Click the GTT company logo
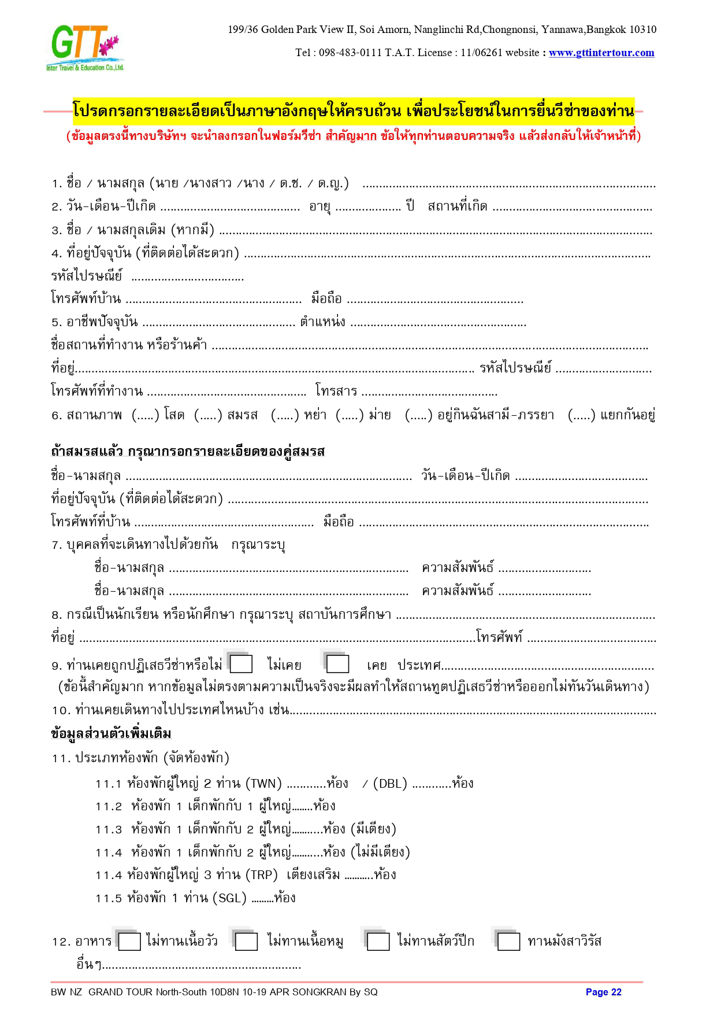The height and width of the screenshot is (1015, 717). pyautogui.click(x=86, y=47)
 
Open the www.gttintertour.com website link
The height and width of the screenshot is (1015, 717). pyautogui.click(x=601, y=53)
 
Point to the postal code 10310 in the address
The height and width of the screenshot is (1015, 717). pyautogui.click(x=643, y=29)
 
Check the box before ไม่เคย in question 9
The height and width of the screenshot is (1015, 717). pyautogui.click(x=242, y=664)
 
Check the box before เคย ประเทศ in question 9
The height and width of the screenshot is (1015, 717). pyautogui.click(x=338, y=664)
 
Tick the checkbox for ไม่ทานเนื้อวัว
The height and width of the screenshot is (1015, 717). pyautogui.click(x=129, y=942)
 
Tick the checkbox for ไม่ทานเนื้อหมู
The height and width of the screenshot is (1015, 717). pyautogui.click(x=246, y=942)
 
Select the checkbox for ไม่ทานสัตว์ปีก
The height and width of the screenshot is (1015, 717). pyautogui.click(x=378, y=942)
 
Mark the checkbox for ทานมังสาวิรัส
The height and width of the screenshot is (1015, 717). pyautogui.click(x=508, y=942)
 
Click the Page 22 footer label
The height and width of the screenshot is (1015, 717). pyautogui.click(x=603, y=992)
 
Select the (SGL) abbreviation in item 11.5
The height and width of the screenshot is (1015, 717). pyautogui.click(x=230, y=898)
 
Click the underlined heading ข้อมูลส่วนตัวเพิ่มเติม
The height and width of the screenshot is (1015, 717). pyautogui.click(x=111, y=734)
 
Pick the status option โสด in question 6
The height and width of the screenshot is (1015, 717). pyautogui.click(x=174, y=415)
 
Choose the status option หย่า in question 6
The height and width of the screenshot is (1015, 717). pyautogui.click(x=315, y=415)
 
